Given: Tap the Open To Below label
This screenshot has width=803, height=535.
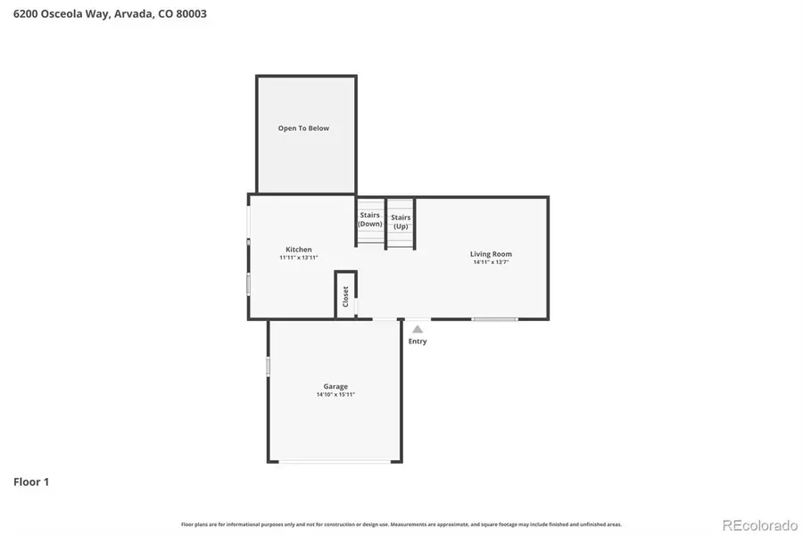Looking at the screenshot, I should click(x=303, y=128).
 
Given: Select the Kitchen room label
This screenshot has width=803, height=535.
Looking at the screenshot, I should click(x=298, y=250).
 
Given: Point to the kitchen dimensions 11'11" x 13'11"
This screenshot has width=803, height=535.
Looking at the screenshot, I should click(x=298, y=258).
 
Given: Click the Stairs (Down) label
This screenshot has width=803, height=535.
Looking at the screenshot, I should click(x=369, y=219).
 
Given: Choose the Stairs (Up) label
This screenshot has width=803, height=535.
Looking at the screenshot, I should click(x=401, y=221).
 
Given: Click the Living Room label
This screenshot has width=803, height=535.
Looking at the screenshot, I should click(x=491, y=254).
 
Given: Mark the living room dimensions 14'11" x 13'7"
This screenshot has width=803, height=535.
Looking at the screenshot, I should click(x=491, y=262).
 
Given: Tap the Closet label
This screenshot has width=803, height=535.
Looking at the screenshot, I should click(x=345, y=296).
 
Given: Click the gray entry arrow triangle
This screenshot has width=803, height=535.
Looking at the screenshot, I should click(x=417, y=329).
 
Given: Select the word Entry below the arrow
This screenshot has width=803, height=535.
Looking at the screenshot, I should click(x=417, y=342).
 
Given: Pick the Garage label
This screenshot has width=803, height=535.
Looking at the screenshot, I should click(x=335, y=386).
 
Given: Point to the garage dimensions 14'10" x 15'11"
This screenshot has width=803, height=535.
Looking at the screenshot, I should click(x=335, y=395).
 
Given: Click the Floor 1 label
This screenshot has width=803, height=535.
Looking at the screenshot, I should click(x=31, y=482).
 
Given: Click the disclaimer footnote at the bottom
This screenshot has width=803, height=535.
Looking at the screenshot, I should click(x=401, y=524).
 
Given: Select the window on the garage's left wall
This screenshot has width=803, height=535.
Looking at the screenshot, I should click(x=268, y=366).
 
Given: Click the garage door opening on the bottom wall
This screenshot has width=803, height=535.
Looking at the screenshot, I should click(x=335, y=461).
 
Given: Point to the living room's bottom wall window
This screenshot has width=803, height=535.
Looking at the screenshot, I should click(x=494, y=318).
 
